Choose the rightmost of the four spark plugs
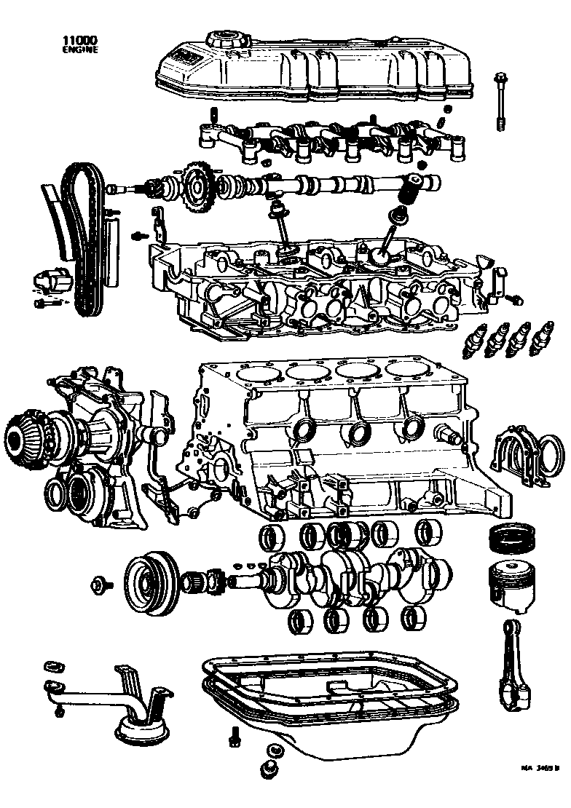point(541,336)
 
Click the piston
point(510,586)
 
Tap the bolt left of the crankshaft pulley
point(99,584)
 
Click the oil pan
point(328,699)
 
